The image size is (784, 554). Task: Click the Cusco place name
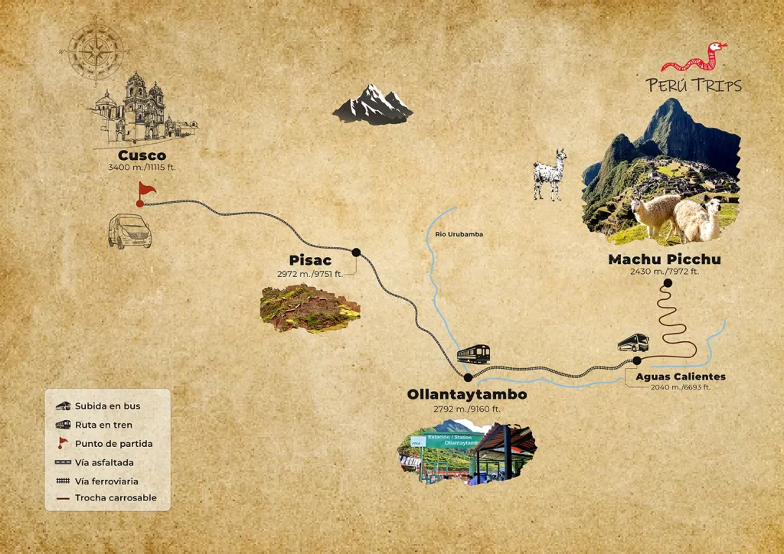[142, 156]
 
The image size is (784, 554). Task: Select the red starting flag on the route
[145, 191]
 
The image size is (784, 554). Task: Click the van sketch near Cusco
[129, 231]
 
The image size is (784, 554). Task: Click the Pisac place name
[310, 260]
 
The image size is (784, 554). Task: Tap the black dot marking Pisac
[356, 252]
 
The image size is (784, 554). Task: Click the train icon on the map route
[473, 354]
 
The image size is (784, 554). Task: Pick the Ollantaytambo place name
[467, 395]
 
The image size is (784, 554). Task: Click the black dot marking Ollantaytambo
[468, 377]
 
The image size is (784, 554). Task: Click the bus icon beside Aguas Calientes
[633, 343]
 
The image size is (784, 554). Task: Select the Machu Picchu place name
[664, 259]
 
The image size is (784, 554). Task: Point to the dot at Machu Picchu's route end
[668, 283]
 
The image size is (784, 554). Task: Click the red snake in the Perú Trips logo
[694, 58]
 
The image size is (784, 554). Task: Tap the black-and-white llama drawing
[550, 174]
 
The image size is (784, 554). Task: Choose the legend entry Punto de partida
[113, 444]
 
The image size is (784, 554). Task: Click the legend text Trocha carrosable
[116, 498]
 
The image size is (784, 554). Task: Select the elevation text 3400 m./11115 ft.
[142, 168]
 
